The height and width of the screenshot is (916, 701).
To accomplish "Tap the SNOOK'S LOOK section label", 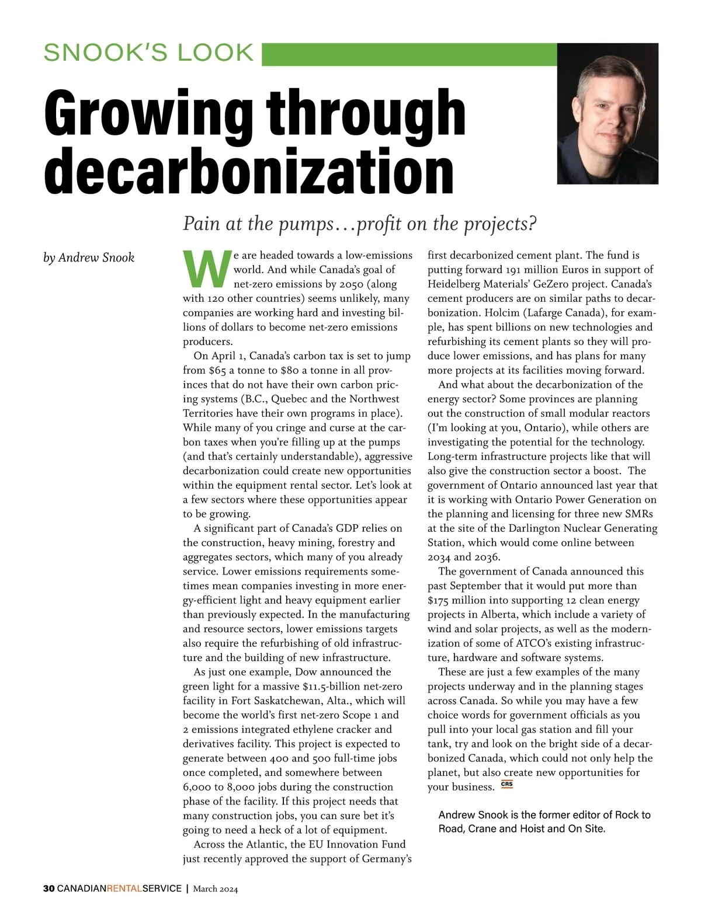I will click(149, 53).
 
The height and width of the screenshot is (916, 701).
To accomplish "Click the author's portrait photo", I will click(608, 114).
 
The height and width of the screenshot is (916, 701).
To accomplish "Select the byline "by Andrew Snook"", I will click(89, 257).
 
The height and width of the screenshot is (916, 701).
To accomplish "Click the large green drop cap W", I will click(206, 270).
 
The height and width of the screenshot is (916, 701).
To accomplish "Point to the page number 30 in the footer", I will click(48, 889).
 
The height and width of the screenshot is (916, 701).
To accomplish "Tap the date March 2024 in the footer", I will click(216, 889).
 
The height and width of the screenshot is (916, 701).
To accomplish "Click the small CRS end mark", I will click(507, 785).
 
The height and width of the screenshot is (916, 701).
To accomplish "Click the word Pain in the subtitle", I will click(200, 224).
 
